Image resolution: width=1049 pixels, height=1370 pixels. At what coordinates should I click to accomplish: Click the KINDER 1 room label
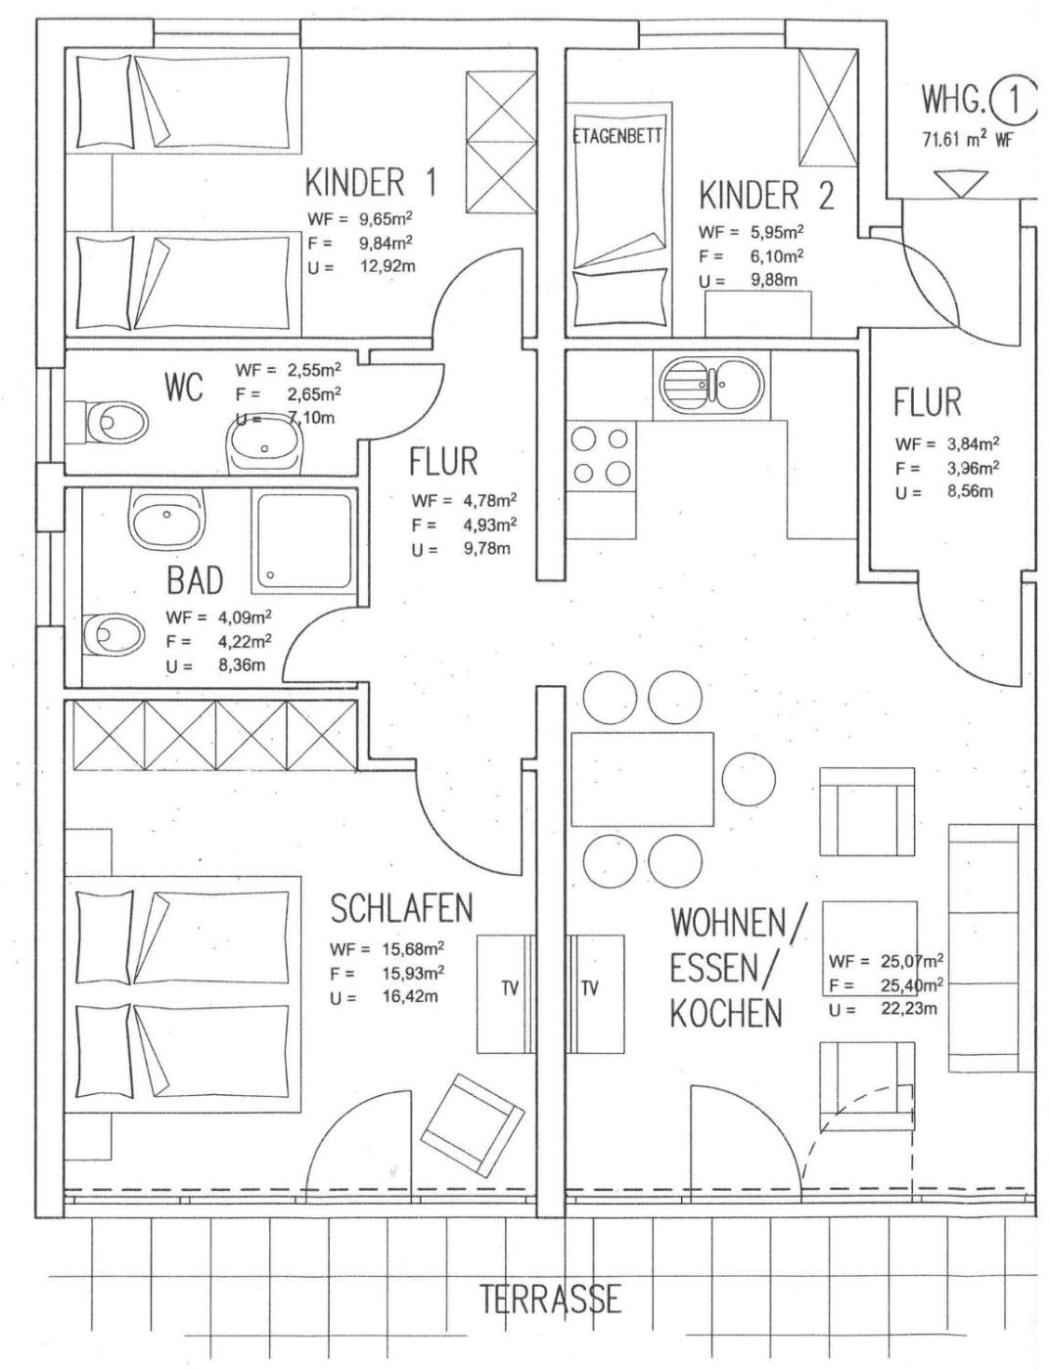click(370, 183)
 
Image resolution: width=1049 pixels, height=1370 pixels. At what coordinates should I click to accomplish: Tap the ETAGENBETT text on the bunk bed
click(617, 136)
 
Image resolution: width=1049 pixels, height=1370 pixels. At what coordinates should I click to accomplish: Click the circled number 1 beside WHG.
click(1013, 101)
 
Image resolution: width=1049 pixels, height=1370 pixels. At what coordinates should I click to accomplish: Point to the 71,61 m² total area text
click(967, 139)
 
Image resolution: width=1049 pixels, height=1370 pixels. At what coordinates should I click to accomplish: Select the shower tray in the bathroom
click(302, 542)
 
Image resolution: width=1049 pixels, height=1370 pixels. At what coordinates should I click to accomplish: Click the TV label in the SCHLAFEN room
click(510, 988)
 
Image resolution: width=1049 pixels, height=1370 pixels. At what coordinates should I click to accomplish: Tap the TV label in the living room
click(589, 988)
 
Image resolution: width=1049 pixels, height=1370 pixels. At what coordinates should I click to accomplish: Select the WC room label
click(184, 387)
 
